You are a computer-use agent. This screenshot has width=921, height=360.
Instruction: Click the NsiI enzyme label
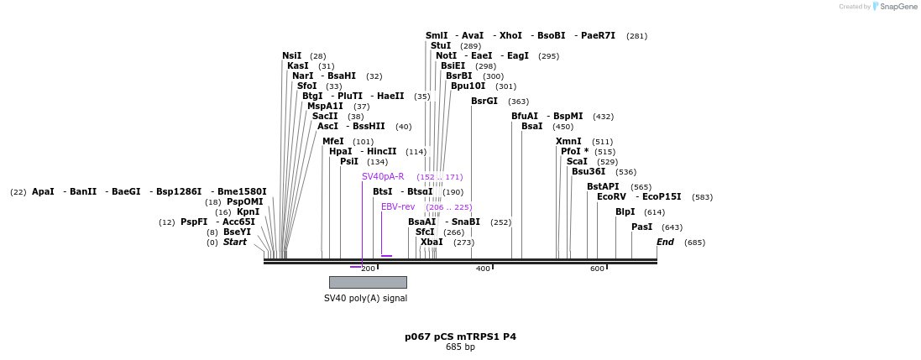pos(291,56)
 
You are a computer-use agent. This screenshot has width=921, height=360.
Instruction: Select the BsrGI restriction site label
pos(484,102)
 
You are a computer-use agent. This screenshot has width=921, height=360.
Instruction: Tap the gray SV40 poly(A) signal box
pos(368,282)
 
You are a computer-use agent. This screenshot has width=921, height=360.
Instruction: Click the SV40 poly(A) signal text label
pos(365,298)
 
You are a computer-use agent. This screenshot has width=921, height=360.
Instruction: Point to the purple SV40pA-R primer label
pos(383,177)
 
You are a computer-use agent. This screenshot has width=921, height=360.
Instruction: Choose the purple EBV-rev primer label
pos(398,207)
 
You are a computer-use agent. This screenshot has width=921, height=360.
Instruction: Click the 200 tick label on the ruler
pos(368,269)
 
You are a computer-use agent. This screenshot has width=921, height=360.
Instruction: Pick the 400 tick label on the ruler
pos(483,269)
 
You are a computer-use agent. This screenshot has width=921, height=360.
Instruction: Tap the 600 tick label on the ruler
pos(597,269)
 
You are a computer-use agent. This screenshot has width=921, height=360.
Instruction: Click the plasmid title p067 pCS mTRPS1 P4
pos(460,337)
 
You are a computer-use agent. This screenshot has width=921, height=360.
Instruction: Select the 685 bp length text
pos(460,347)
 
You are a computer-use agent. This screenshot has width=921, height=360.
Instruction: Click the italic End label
pos(665,243)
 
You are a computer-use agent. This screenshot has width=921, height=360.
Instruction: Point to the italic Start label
pos(235,243)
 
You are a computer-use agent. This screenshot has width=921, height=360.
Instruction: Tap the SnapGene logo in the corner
pos(895,7)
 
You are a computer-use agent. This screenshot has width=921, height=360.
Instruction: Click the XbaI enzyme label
pos(432,243)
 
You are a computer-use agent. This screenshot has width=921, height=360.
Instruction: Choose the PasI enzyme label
pos(641,227)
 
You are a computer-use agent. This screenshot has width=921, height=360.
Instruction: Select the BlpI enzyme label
pos(625,212)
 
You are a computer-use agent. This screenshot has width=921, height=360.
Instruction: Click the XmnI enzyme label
pos(568,142)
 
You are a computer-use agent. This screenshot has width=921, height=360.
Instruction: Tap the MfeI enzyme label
pos(332,142)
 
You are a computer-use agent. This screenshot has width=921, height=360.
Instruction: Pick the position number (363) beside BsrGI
pos(518,102)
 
